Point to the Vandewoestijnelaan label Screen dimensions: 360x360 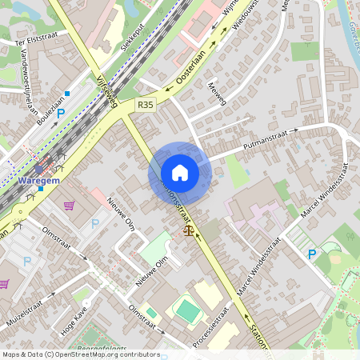32,87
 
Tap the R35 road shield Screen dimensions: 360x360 145,104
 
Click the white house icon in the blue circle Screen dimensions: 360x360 179,173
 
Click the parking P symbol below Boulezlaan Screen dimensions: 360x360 60,114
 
